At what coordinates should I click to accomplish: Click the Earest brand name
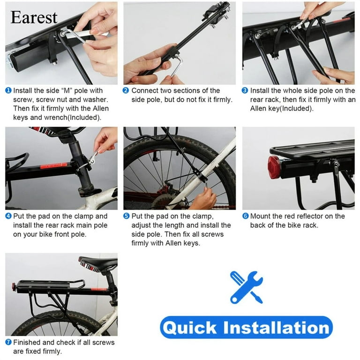34,17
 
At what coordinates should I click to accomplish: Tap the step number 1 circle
8,90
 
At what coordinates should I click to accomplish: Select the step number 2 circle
126,90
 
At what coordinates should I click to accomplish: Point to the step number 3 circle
245,90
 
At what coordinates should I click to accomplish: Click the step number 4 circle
8,217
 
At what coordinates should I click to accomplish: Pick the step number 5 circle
126,217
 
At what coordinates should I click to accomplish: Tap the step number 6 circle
245,217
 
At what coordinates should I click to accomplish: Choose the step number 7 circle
8,343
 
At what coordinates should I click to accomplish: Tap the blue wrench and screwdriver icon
246,286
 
